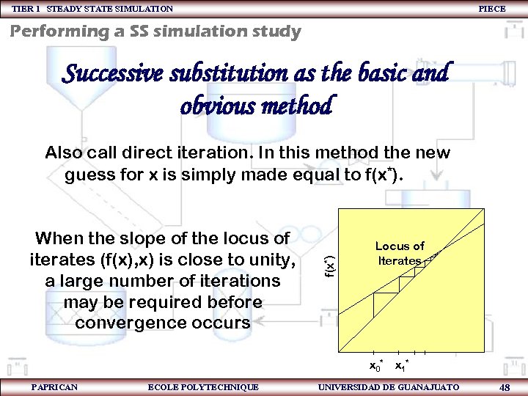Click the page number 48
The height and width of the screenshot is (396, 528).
point(505,386)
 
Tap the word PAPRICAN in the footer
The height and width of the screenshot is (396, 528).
point(55,386)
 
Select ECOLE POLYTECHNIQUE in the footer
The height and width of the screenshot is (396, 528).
point(203,386)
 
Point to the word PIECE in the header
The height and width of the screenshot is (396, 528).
point(491,9)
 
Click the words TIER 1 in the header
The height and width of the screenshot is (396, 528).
point(26,9)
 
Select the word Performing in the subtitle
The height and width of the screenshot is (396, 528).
point(56,32)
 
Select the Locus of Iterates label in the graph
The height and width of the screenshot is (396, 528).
point(400,254)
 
